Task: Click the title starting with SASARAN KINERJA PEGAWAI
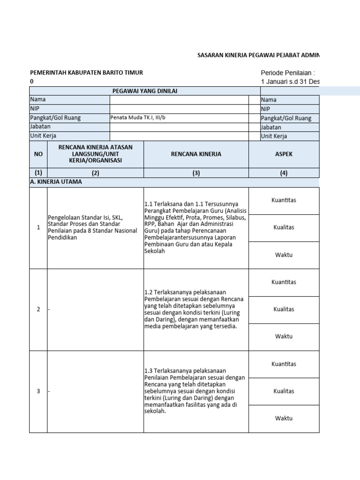(x=258, y=55)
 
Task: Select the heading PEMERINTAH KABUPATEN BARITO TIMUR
(x=86, y=73)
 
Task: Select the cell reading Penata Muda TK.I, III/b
(x=138, y=118)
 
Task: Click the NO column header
(x=38, y=154)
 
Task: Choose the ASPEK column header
(x=284, y=154)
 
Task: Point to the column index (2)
(x=96, y=172)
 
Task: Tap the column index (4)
(x=284, y=172)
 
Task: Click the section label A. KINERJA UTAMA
(x=56, y=182)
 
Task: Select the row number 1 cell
(x=38, y=228)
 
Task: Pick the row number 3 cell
(x=38, y=391)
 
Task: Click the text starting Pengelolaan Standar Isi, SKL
(x=92, y=227)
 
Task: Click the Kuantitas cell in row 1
(x=284, y=201)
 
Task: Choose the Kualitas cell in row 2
(x=284, y=309)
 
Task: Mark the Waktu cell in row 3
(x=284, y=418)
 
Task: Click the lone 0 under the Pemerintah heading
(x=32, y=82)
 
